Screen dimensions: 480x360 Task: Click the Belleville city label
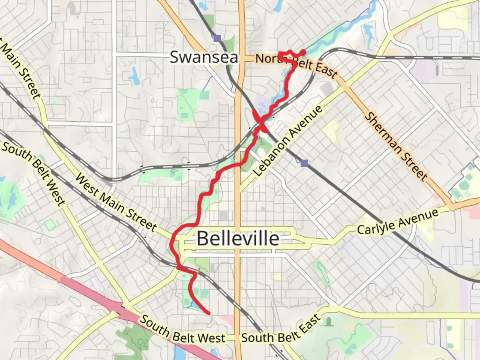click(x=238, y=239)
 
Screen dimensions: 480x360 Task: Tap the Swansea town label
click(x=204, y=57)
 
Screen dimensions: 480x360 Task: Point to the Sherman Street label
click(x=396, y=147)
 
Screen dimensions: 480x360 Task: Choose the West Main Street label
click(x=116, y=202)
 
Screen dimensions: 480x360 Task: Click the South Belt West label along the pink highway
click(x=182, y=330)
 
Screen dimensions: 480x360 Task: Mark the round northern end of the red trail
click(x=303, y=52)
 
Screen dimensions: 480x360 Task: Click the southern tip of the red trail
click(x=209, y=313)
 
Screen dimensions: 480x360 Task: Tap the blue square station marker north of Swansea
click(x=217, y=38)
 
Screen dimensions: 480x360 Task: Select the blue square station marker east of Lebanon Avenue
click(x=304, y=163)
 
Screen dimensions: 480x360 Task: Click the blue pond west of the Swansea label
click(x=135, y=76)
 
